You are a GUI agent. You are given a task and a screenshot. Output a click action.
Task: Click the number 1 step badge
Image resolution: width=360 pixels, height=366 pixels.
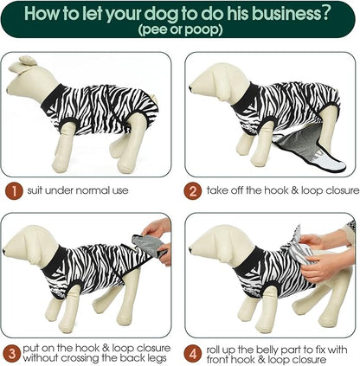(14, 191)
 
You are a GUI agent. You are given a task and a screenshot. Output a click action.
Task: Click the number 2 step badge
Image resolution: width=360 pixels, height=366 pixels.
(192, 191)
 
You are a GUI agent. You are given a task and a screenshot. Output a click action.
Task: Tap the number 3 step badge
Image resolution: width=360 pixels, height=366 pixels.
(11, 353)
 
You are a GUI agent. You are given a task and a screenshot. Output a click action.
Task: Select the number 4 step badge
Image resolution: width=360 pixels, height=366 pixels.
(192, 353)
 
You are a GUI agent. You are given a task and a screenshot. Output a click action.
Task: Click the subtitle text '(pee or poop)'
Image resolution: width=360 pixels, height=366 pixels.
(180, 29)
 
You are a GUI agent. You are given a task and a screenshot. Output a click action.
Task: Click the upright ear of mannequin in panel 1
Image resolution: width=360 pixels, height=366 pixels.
(27, 60)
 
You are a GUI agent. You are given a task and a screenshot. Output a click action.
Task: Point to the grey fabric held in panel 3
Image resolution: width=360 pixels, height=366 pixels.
(149, 245)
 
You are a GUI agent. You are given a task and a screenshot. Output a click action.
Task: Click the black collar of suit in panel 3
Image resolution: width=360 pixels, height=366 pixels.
(54, 261)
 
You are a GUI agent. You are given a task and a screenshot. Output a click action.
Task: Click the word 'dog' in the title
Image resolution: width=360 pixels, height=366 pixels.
(161, 14)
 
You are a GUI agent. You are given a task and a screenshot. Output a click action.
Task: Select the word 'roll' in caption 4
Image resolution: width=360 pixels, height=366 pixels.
(214, 350)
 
